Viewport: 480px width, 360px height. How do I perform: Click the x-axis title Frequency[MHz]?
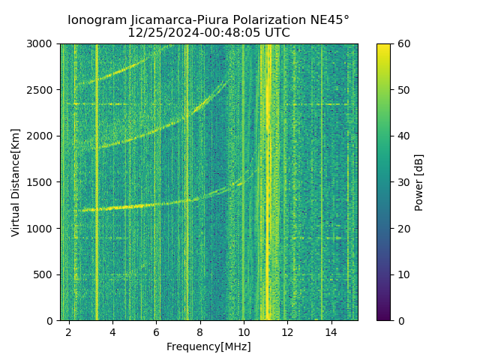coord(208,346)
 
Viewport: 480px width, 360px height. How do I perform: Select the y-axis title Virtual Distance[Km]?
coord(16,182)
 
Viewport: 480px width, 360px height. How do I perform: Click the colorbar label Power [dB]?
coord(419,182)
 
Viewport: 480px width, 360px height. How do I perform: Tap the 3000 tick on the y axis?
coord(41,44)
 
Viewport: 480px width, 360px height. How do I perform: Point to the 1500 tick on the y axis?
coord(41,182)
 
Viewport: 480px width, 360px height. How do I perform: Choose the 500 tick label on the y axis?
coord(44,274)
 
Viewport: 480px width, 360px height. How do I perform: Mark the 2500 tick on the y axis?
coord(41,90)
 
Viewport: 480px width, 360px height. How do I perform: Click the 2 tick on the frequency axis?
coord(69,331)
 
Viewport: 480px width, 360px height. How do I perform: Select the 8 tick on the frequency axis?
coord(200,331)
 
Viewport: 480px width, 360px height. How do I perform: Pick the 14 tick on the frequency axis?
coord(331,331)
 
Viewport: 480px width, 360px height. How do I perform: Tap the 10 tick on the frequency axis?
coord(244,331)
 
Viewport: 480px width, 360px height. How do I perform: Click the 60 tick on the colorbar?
coord(403,44)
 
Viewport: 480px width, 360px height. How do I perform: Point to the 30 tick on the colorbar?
coord(403,182)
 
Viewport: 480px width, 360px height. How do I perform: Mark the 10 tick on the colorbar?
coord(403,274)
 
